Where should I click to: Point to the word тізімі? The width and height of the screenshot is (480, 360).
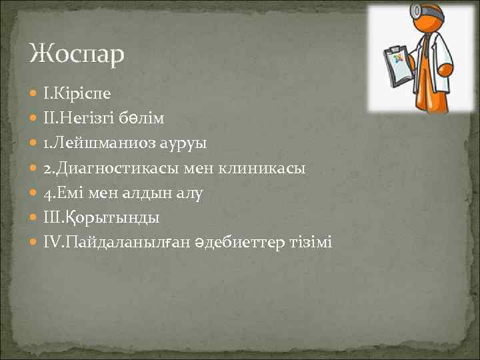tap(312, 243)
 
